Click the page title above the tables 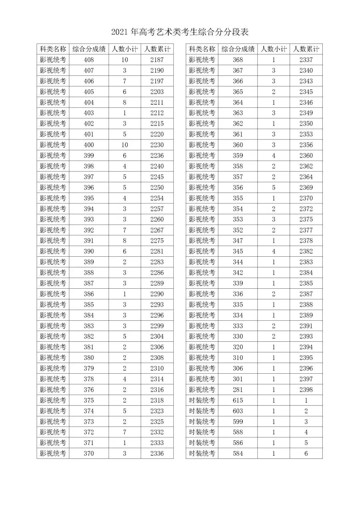(180, 32)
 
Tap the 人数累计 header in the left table (157, 49)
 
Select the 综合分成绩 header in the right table (238, 49)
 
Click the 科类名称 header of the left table (53, 49)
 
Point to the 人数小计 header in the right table (273, 49)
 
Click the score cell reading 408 (89, 60)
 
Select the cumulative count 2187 (157, 60)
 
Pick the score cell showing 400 (89, 145)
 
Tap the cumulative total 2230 (157, 145)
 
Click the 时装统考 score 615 (238, 400)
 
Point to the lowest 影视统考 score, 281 (238, 390)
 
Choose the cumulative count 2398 (306, 390)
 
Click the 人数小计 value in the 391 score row (125, 241)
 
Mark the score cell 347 (238, 241)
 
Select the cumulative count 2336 (157, 453)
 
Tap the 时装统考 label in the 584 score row (202, 453)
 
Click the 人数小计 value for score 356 (273, 187)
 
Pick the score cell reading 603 (238, 411)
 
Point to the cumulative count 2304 (157, 336)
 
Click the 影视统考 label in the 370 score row (53, 453)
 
